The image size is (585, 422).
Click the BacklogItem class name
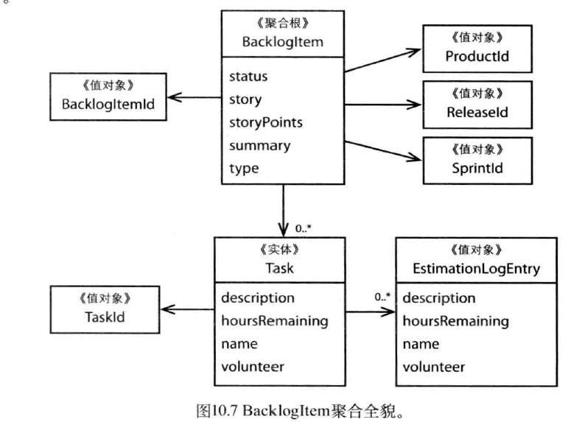(283, 42)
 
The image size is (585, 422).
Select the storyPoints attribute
(265, 122)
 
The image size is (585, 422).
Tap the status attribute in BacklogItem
(248, 76)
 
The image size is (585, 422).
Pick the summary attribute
(259, 145)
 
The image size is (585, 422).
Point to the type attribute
(244, 168)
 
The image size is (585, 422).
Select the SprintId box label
(475, 168)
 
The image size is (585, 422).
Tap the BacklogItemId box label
(108, 105)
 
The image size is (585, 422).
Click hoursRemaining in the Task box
(274, 321)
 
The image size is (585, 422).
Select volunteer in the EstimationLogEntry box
(434, 367)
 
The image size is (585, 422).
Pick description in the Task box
(258, 298)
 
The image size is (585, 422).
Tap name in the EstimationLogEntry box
(421, 344)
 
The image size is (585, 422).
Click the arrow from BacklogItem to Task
(283, 209)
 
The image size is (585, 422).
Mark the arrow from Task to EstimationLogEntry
(368, 310)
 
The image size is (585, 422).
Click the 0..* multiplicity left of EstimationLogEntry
(382, 298)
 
